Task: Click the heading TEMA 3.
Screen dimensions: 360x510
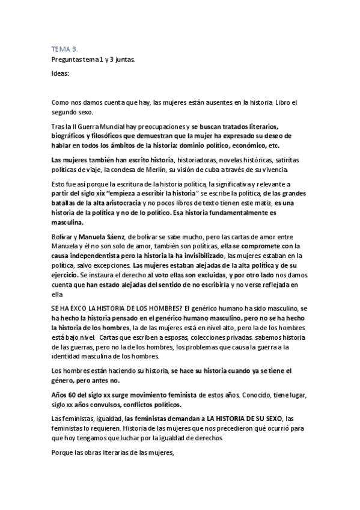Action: pyautogui.click(x=61, y=50)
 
